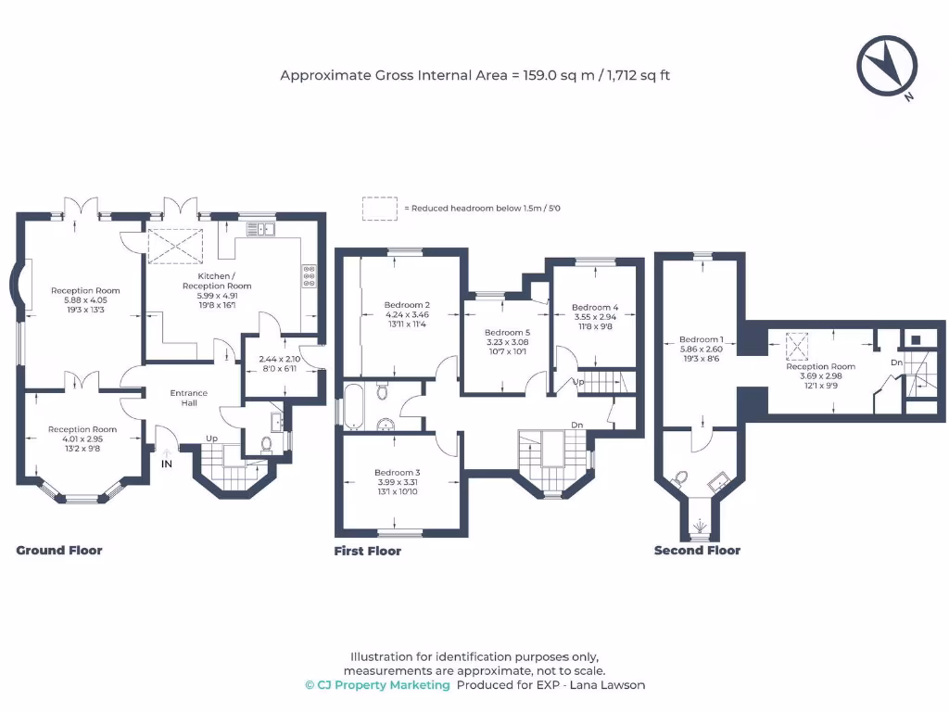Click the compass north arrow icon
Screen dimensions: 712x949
(887, 66)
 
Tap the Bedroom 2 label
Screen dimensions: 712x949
(407, 305)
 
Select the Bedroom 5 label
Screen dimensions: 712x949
(507, 332)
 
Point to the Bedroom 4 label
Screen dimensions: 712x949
(595, 308)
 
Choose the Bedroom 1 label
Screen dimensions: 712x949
(702, 339)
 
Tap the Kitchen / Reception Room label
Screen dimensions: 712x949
(216, 281)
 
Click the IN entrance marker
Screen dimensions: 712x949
(167, 464)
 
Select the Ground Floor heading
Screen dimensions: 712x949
(59, 551)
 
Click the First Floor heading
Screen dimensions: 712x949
(368, 552)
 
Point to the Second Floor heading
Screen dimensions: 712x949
(697, 551)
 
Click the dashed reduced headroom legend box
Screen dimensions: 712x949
(379, 209)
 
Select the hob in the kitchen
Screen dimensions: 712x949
(309, 274)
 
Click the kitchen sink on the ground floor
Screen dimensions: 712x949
(259, 228)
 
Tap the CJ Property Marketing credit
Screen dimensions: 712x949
(377, 685)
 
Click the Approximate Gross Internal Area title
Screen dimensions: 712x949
(474, 75)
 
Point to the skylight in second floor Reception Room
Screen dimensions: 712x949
(796, 347)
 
